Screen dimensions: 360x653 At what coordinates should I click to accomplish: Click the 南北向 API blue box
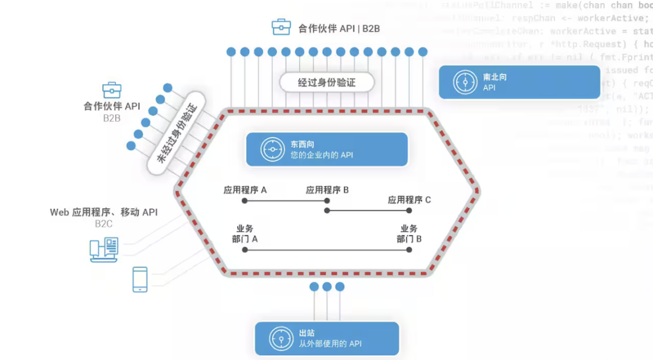(519, 82)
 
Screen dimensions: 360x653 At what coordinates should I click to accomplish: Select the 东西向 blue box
(326, 149)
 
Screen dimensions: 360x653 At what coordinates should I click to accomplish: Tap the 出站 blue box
(326, 338)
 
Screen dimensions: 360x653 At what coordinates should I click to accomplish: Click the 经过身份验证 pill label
(326, 82)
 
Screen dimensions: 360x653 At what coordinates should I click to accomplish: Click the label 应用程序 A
(245, 190)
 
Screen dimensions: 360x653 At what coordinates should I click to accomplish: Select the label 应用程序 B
(327, 190)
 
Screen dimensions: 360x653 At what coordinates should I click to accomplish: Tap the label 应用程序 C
(409, 200)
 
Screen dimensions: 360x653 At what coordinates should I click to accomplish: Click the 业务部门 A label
(245, 234)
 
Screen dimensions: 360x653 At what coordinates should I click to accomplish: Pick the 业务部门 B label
(409, 234)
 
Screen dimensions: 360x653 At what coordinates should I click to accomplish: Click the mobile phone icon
(140, 280)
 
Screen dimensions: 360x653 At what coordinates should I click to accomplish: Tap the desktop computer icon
(103, 250)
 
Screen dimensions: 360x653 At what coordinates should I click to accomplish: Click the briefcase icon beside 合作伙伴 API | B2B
(281, 27)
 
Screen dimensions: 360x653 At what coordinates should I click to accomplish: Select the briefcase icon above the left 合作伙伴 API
(112, 90)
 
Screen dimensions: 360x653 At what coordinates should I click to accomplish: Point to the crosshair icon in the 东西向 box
(272, 149)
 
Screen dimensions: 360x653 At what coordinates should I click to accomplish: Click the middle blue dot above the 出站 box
(327, 286)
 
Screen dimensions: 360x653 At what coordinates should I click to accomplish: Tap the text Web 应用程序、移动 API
(103, 212)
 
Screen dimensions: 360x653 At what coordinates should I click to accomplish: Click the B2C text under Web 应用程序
(103, 224)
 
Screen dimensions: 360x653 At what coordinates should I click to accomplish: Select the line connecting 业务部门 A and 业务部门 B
(326, 249)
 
